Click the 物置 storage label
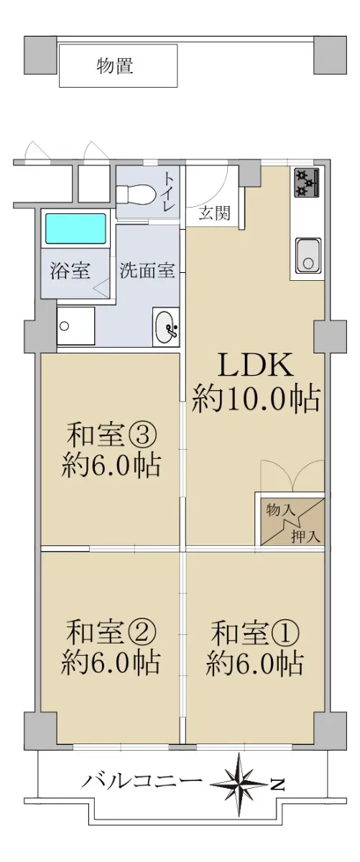tap(115, 66)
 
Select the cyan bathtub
tap(75, 228)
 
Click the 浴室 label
tap(70, 270)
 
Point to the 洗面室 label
tap(147, 270)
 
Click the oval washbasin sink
tap(166, 327)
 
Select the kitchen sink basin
tap(308, 256)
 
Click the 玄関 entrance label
tap(214, 213)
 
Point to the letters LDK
tap(256, 365)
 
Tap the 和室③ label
tap(111, 435)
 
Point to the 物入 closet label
tap(281, 511)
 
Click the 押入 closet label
tap(305, 537)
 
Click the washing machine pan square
tap(75, 326)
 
